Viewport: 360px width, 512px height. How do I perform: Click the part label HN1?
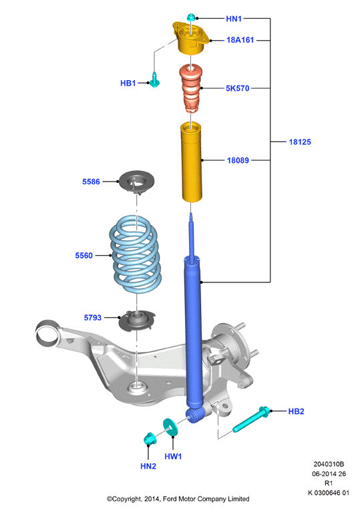(234, 19)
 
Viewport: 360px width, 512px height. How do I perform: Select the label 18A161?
(240, 40)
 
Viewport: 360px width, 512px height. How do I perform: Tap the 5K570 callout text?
(238, 88)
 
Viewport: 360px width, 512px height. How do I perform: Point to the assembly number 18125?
(300, 142)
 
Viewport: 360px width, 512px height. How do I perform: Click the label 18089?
(238, 160)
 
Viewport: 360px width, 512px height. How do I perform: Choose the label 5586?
(91, 182)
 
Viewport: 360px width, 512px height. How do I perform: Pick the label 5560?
(84, 256)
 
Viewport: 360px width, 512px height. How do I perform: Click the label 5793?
(93, 318)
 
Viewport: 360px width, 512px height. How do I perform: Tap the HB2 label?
(296, 411)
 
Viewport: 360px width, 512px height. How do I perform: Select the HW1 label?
(173, 457)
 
